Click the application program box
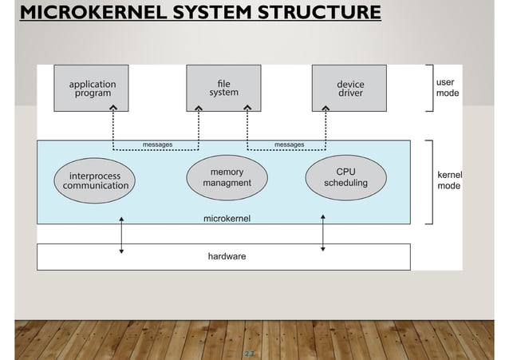coord(93,88)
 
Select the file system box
coord(223,88)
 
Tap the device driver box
coord(350,88)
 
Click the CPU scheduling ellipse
coord(345,177)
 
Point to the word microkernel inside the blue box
coord(227,218)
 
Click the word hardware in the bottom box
coord(227,256)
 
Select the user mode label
coord(447,87)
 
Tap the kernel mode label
coord(450,180)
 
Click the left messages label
coord(157,144)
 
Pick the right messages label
coord(289,144)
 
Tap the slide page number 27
coord(250,352)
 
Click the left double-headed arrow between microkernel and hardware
coord(121,233)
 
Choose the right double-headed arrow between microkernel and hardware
coord(322,232)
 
